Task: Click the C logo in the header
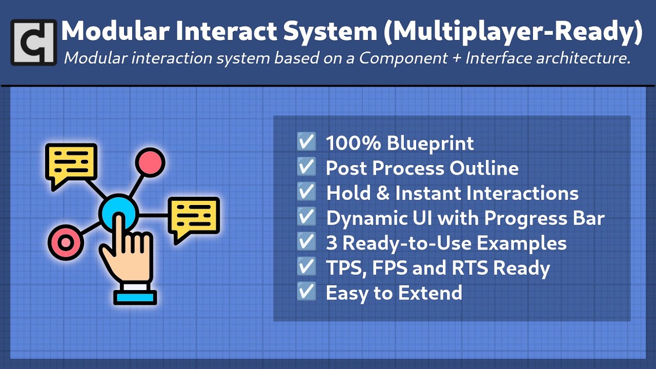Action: (33, 42)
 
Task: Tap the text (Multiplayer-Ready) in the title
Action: (512, 32)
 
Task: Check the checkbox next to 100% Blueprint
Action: (306, 142)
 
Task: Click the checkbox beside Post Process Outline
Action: (306, 167)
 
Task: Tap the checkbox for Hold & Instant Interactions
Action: (306, 192)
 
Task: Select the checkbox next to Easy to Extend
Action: (306, 292)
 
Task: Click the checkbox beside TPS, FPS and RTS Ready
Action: (306, 267)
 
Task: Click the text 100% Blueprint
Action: (400, 143)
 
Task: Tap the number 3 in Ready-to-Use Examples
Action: (332, 243)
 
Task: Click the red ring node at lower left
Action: (65, 241)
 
